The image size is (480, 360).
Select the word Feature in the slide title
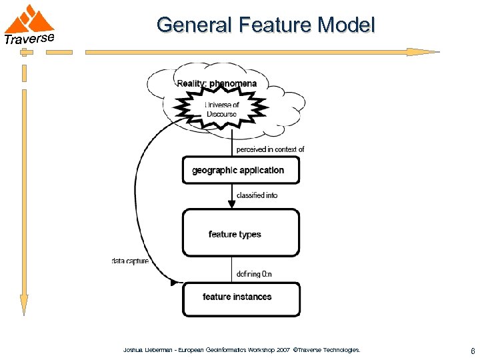pyautogui.click(x=272, y=25)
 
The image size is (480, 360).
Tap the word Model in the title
pyautogui.click(x=347, y=25)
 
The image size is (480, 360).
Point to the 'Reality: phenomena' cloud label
pyautogui.click(x=217, y=83)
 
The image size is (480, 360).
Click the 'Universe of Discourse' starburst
pyautogui.click(x=221, y=109)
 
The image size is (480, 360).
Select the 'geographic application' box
pyautogui.click(x=241, y=170)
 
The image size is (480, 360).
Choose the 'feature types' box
pyautogui.click(x=241, y=233)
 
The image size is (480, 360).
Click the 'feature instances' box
pyautogui.click(x=241, y=297)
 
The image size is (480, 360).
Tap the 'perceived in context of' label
pyautogui.click(x=270, y=149)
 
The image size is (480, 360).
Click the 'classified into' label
pyautogui.click(x=257, y=195)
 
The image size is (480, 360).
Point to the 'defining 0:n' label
pyautogui.click(x=254, y=274)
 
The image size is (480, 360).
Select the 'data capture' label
pyautogui.click(x=130, y=261)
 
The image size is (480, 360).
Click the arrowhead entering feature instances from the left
pyautogui.click(x=176, y=283)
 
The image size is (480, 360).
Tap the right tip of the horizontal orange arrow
pyautogui.click(x=436, y=51)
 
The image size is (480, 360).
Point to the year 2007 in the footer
pyautogui.click(x=281, y=350)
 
